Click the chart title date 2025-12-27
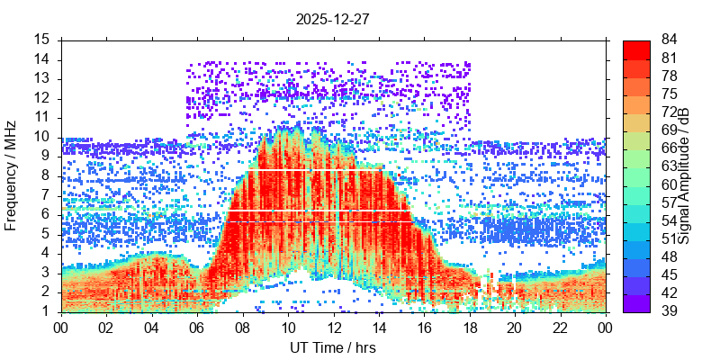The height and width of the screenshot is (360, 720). pos(333,18)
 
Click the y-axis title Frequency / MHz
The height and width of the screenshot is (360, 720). pos(12,175)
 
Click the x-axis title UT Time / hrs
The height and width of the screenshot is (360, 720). pos(333,347)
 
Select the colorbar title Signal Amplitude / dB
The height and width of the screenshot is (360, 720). pos(685,175)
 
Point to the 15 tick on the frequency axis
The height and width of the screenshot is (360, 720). pos(42,40)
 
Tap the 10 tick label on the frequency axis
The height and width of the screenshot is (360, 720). pos(42,137)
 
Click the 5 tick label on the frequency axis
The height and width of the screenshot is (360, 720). pos(46,234)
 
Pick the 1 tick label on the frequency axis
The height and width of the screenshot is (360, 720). pos(46,311)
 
